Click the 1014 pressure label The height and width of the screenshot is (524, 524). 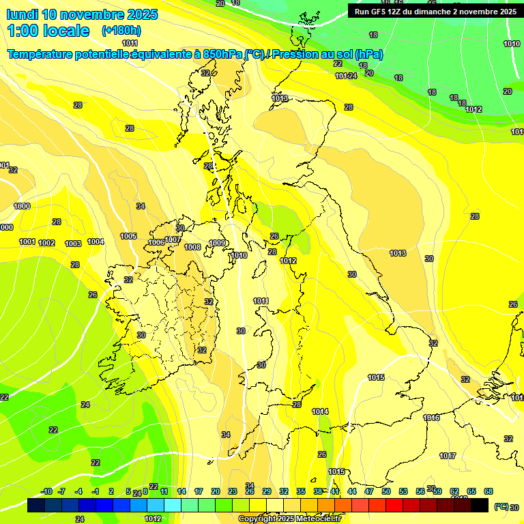pos(320,411)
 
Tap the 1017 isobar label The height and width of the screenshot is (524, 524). pos(448,456)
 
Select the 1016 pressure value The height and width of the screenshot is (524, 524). pos(431,418)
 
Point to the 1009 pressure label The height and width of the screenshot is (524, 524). pos(218,243)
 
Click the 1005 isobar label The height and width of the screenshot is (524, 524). pos(128,236)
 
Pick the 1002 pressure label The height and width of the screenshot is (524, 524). pos(46,243)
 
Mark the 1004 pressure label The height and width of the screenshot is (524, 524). pos(96,242)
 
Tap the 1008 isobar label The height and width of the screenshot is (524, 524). pos(192,247)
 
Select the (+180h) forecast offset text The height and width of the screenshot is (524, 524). pos(121,31)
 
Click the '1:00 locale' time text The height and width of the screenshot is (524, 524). pos(48,31)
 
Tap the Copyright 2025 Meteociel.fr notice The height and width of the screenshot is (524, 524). pos(290,519)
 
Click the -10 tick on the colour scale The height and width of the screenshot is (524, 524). pos(46,491)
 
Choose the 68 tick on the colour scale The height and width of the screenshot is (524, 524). pos(489,491)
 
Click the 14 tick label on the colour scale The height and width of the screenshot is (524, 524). pos(181,491)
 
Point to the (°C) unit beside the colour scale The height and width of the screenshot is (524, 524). pos(501,507)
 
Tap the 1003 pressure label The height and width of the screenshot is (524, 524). pos(73,244)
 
